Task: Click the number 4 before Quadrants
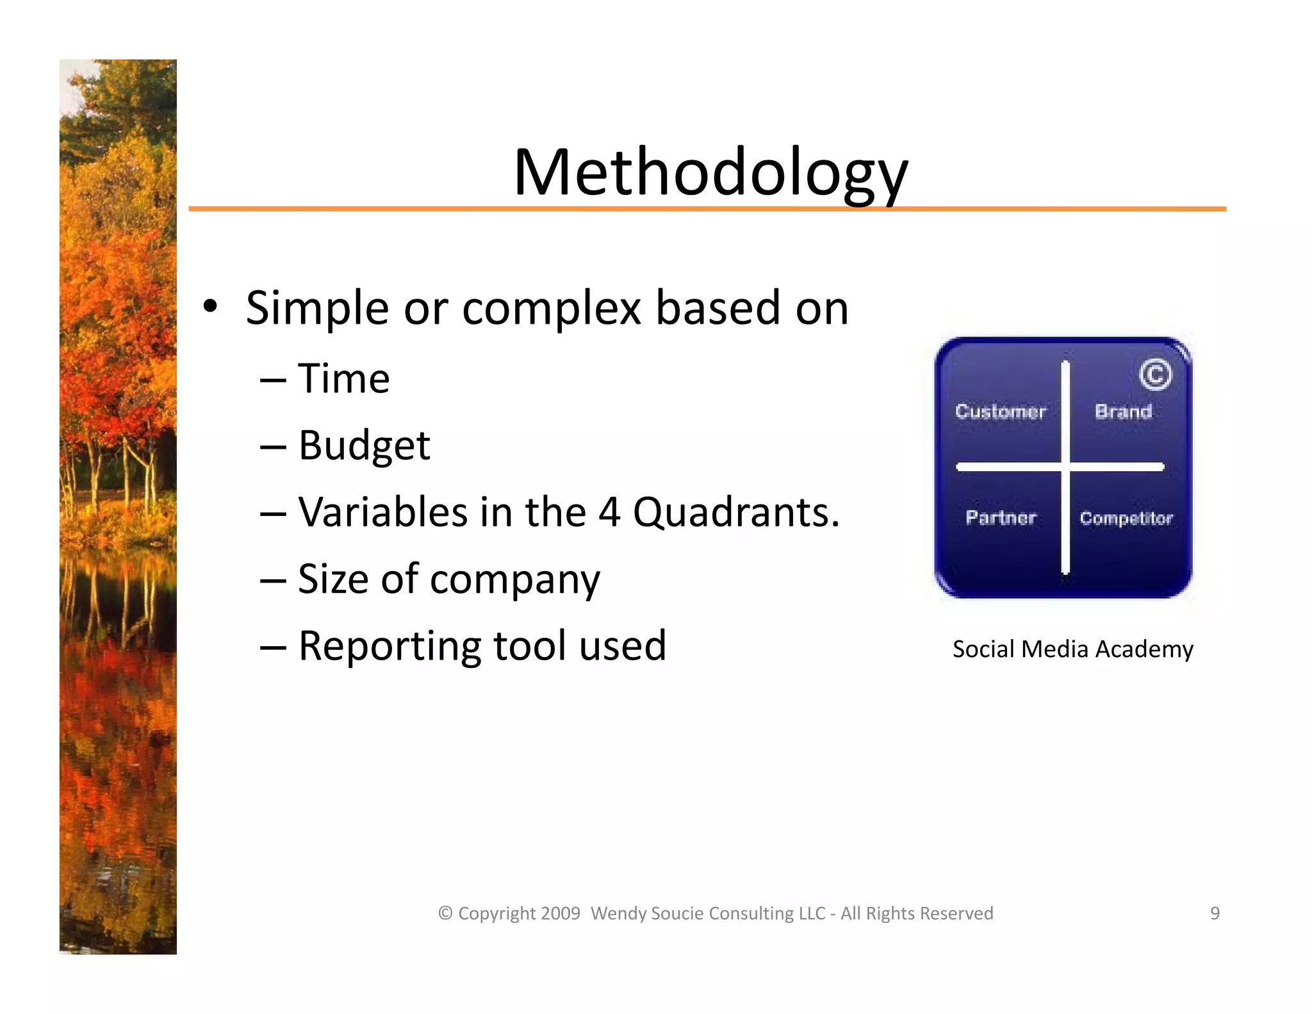(x=609, y=512)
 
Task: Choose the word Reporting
(x=389, y=646)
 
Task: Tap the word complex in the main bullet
(x=551, y=308)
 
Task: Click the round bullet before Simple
(x=209, y=307)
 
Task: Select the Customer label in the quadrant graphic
(x=1000, y=411)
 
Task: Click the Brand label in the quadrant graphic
(x=1123, y=411)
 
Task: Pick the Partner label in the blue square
(x=1001, y=517)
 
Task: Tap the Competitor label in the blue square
(x=1126, y=518)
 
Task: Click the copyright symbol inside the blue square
(x=1155, y=375)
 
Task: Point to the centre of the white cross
(x=1065, y=467)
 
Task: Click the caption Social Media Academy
(x=1072, y=649)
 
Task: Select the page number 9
(x=1214, y=913)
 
